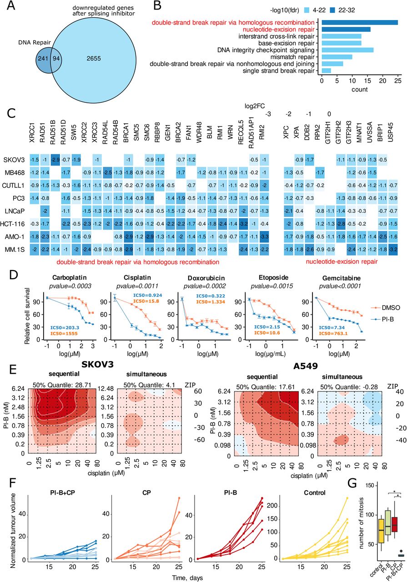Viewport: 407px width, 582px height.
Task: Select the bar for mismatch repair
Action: tap(337, 57)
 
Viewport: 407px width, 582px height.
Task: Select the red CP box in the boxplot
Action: tap(392, 523)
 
